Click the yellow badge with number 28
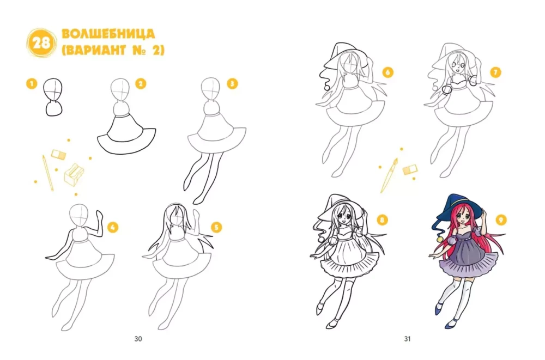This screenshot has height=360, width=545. [x=42, y=43]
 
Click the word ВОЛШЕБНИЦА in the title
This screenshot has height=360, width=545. [x=108, y=34]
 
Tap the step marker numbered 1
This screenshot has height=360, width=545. [x=32, y=84]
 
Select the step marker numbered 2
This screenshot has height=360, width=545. [x=141, y=84]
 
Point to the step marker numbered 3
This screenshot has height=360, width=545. [x=232, y=84]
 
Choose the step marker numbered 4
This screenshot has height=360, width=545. [x=112, y=228]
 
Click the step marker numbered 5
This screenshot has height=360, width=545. [x=216, y=228]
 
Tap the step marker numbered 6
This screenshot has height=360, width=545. [x=388, y=72]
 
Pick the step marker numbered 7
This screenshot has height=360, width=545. [x=495, y=72]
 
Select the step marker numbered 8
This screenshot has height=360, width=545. [x=382, y=220]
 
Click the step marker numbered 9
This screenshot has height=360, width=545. [x=501, y=220]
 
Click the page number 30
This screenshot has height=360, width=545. [x=138, y=339]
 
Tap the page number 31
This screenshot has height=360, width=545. [x=407, y=339]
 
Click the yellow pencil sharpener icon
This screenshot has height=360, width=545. [x=74, y=174]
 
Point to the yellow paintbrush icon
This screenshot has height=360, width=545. [x=389, y=175]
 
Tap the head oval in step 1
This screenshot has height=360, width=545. [x=53, y=90]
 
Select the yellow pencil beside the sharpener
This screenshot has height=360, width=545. [x=48, y=173]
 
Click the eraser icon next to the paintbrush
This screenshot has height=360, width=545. [x=410, y=169]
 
